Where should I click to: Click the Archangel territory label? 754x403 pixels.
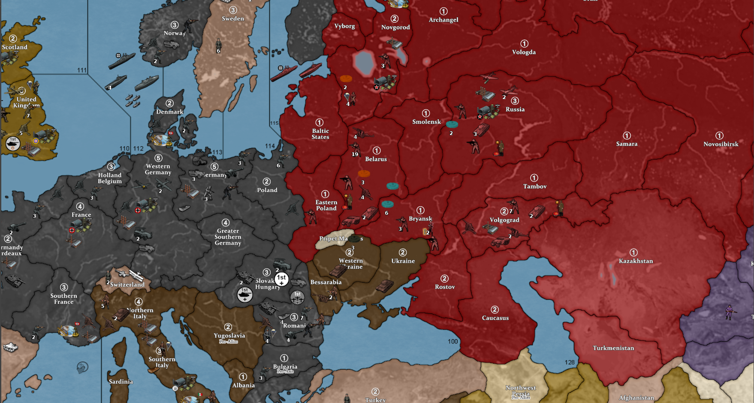click(443, 20)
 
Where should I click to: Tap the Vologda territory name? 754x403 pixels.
click(524, 52)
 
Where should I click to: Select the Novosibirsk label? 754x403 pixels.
click(721, 144)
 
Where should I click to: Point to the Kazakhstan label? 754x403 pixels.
click(636, 261)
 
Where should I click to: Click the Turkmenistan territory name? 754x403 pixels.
click(613, 348)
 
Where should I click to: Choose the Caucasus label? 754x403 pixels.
click(495, 318)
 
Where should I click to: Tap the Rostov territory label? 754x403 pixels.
click(445, 287)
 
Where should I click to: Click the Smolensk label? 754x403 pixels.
click(426, 122)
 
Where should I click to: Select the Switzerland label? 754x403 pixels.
click(127, 284)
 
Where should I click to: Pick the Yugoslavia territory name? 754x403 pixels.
click(229, 336)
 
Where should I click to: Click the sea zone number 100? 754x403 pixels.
click(453, 341)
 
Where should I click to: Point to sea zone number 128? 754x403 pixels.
click(570, 362)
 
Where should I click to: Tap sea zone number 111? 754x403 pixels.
click(82, 70)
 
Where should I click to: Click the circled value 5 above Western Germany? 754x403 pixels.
click(158, 158)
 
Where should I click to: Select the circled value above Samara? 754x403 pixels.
click(627, 135)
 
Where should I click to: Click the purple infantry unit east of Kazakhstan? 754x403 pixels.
click(729, 312)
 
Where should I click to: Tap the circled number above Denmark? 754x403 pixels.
click(170, 103)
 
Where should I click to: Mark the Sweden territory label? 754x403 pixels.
click(233, 19)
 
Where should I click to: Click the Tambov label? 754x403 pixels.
click(535, 186)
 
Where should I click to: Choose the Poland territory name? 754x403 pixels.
click(267, 190)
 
